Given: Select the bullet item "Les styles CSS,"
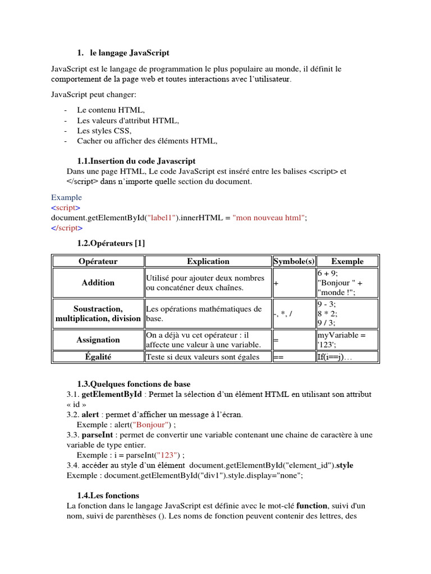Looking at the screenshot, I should coord(104,131).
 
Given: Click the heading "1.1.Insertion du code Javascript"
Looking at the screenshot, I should coord(136,161).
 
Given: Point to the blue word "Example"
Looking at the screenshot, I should coord(66,197).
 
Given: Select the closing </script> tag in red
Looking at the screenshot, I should coord(67,228).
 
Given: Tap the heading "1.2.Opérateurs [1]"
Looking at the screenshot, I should coord(111,243).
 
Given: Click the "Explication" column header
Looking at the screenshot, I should coord(208,261).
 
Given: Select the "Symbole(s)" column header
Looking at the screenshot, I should coord(294,261).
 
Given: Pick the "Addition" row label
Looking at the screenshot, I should coord(98,283).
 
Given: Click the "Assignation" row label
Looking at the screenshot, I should coord(98,340).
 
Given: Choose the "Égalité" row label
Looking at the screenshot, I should coord(98,357).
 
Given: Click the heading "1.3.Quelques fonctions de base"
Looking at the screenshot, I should coord(134,384).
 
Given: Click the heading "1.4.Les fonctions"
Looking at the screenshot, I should coord(108,496).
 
